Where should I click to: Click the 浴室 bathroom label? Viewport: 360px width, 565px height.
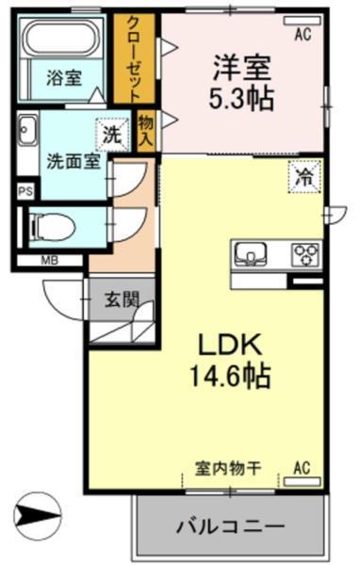point(63,79)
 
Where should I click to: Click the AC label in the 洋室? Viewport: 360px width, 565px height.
point(303,35)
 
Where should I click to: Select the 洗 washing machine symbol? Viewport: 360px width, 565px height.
point(112,134)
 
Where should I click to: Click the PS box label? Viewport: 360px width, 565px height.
point(25,190)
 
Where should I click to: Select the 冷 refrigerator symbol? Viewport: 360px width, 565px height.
point(306,174)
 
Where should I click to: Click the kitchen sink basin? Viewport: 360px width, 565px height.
point(253,251)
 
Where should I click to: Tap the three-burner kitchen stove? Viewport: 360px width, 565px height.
point(306,251)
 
